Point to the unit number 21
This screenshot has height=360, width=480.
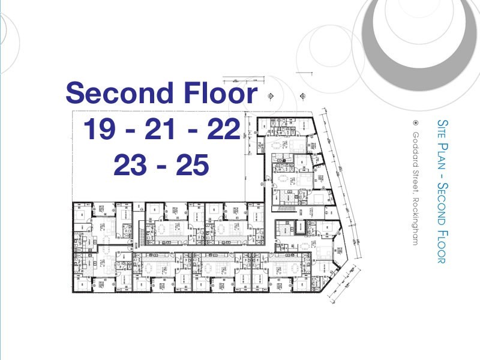(x=160, y=130)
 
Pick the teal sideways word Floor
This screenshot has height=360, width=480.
(x=443, y=244)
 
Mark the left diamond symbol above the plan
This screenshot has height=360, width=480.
(x=271, y=95)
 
